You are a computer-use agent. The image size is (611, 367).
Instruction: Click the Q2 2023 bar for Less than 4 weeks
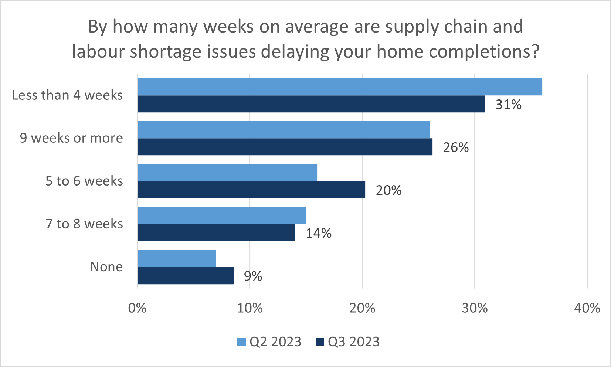(340, 87)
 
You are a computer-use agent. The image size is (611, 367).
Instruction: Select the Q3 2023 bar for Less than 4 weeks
(311, 104)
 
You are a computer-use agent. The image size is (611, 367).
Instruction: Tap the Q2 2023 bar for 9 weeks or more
(284, 130)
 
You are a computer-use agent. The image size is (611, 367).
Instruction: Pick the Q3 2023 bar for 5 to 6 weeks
(251, 190)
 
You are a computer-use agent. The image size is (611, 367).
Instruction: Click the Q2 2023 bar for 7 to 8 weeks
(222, 215)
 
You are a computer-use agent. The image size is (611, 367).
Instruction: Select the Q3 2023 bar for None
(186, 276)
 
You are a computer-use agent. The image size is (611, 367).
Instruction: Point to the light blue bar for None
(177, 258)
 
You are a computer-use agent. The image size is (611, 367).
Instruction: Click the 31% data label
(508, 105)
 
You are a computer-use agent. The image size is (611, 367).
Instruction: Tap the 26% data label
(456, 147)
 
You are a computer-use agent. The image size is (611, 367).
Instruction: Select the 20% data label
(388, 190)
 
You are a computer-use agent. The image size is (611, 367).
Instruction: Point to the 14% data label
(319, 233)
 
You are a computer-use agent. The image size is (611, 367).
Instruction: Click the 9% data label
(253, 276)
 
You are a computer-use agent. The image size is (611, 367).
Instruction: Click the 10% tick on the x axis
(250, 308)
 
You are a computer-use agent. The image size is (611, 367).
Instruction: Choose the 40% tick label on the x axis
(587, 308)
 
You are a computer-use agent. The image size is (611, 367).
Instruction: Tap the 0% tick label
(137, 308)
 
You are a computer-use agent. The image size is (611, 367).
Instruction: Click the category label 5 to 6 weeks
(84, 181)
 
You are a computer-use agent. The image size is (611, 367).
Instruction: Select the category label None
(106, 267)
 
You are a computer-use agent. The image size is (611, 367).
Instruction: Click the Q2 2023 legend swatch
(241, 342)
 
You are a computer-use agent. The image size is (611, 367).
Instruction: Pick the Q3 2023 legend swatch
(320, 342)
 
